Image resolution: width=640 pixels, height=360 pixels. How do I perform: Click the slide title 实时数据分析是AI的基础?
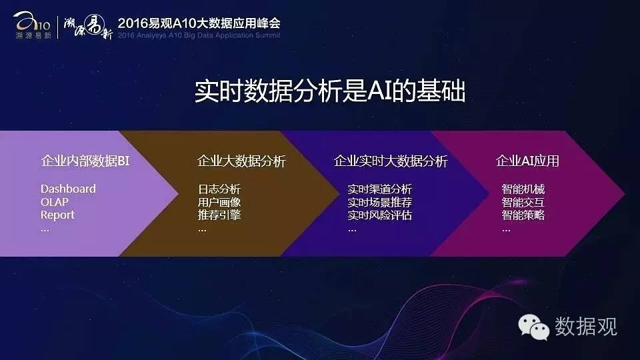click(330, 91)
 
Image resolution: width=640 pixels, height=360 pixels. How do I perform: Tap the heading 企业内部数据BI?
click(85, 161)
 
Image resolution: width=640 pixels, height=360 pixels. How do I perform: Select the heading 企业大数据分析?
click(241, 161)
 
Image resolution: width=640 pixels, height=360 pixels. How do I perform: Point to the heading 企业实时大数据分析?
click(391, 161)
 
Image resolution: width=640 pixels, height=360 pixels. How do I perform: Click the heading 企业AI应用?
click(527, 161)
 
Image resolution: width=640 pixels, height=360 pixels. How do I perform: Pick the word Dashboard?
click(68, 189)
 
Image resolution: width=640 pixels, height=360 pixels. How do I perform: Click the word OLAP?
click(54, 202)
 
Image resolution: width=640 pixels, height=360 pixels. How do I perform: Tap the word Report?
click(57, 215)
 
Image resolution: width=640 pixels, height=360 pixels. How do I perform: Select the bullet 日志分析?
click(219, 189)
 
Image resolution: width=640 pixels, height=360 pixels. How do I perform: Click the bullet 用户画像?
click(219, 202)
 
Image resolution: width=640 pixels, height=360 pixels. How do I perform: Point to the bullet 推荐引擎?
click(219, 215)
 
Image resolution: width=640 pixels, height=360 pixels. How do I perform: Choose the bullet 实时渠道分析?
click(379, 189)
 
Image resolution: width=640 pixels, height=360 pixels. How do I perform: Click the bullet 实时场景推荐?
click(379, 202)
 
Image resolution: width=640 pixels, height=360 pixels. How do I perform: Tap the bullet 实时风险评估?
click(379, 215)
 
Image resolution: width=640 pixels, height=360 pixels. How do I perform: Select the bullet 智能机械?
click(523, 189)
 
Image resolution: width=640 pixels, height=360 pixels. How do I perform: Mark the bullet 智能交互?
click(523, 202)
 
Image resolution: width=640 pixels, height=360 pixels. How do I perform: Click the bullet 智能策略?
click(523, 215)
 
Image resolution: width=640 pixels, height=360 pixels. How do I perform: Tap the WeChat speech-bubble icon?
click(533, 327)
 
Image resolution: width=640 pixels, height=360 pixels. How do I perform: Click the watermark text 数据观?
click(586, 327)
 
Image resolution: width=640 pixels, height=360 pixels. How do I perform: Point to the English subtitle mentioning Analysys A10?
click(199, 35)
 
